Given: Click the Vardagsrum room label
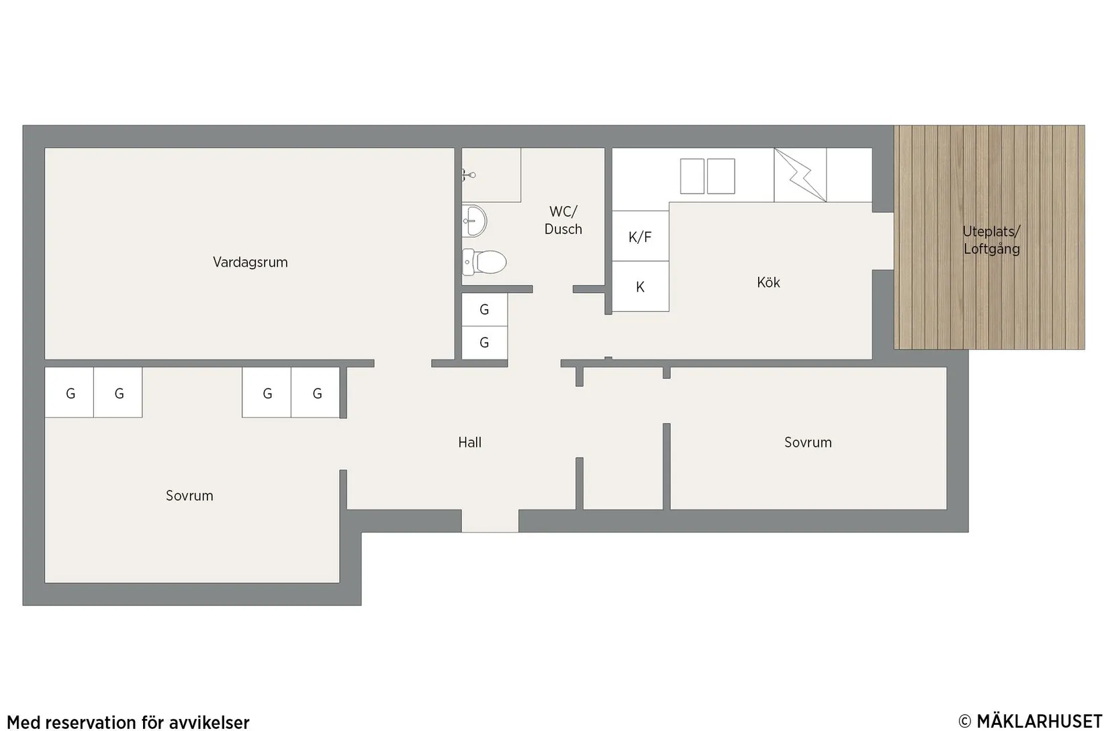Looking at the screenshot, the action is pos(250,262).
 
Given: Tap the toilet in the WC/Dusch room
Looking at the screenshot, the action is pos(484,262).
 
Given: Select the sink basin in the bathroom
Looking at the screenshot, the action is pos(475,221).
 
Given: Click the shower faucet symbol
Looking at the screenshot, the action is pos(469,175).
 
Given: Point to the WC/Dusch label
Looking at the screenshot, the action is pos(563,220).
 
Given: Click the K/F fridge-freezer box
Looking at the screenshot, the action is pos(641,236).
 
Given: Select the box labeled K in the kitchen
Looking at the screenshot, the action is pos(641,287).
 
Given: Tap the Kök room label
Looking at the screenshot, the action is pos(768,283).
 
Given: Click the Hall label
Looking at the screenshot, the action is pos(470,443).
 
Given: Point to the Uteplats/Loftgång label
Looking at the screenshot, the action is pos(992,240).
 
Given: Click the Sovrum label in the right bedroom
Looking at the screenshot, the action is pos(809,443).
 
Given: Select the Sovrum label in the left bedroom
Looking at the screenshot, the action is pos(189,496).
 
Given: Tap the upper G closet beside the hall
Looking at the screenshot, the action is pos(485,310).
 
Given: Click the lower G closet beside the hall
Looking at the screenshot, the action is pos(485,343).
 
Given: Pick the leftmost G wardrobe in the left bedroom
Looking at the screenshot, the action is pos(70,392).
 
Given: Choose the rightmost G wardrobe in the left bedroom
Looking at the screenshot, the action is pos(316,392).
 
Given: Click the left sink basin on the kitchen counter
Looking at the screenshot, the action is pos(692,176).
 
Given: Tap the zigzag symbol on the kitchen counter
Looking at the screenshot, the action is pos(800,175).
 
